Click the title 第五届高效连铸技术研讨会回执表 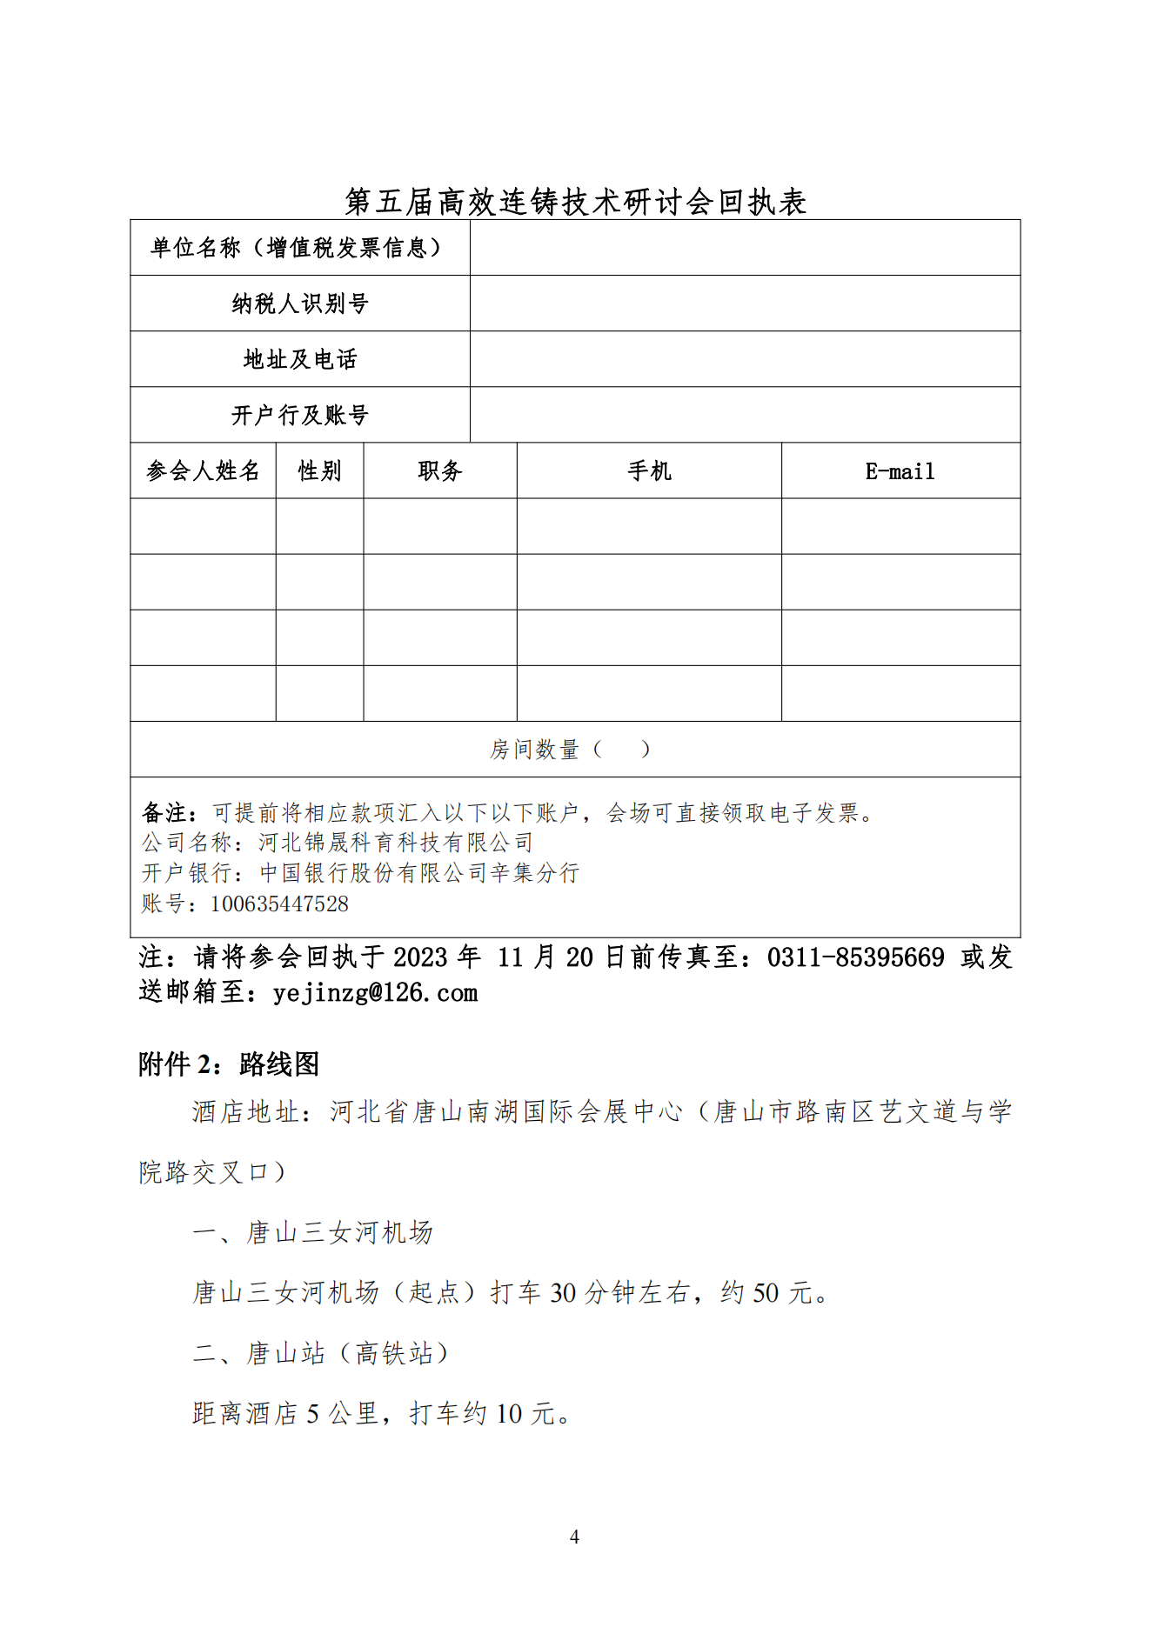(575, 202)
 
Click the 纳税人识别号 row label (300, 303)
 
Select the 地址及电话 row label (300, 359)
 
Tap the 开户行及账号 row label (300, 415)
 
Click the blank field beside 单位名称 (745, 248)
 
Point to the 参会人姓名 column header (203, 470)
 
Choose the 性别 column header (319, 470)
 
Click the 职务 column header (439, 470)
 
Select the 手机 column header (649, 470)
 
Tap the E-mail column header (900, 470)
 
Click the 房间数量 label (534, 749)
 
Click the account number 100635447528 (279, 904)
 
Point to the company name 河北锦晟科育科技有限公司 (396, 842)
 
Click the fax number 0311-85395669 (855, 957)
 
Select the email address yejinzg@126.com (375, 992)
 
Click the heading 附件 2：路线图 (229, 1064)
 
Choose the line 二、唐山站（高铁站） (320, 1352)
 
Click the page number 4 (574, 1537)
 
